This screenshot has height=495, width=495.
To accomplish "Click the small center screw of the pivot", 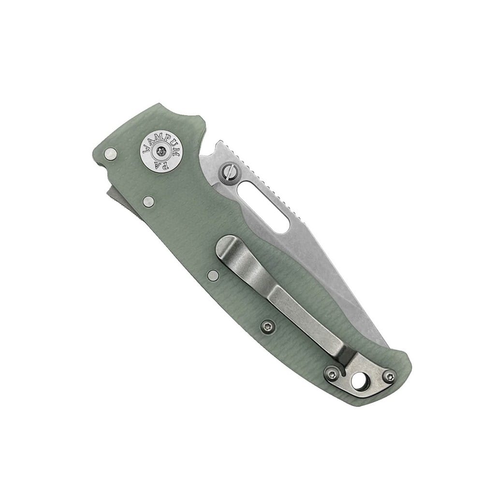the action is (161, 152).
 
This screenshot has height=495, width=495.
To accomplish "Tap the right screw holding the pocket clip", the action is (391, 377).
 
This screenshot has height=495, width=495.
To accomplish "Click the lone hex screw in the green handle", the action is (268, 328).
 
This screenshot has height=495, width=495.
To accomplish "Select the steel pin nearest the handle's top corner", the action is (111, 154).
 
